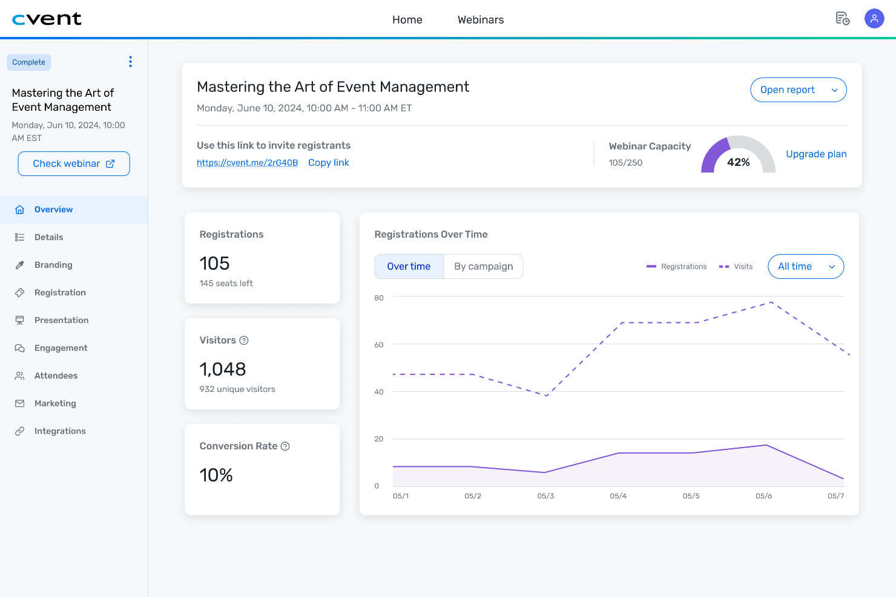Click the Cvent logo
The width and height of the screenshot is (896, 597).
point(47,19)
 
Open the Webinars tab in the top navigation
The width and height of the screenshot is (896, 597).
point(480,20)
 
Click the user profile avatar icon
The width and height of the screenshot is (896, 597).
point(874,19)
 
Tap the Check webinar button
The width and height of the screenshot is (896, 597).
point(74,164)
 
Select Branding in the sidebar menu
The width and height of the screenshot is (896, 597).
point(53,265)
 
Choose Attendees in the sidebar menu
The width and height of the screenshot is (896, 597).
point(56,376)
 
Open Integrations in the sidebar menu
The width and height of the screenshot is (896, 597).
point(60,431)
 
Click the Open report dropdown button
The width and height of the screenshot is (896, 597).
point(798,90)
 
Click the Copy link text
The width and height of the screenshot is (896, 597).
point(328,163)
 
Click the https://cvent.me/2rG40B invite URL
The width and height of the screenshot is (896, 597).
point(247,163)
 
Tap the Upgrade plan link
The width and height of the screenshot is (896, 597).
point(815,154)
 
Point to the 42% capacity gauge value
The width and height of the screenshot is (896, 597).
point(738,162)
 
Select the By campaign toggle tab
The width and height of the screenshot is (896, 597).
point(483,267)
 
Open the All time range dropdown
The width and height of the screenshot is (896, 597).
point(805,267)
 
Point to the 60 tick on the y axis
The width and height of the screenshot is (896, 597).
point(379,345)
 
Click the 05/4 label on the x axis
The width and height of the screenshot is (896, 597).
point(618,496)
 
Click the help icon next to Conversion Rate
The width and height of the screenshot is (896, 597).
point(285,446)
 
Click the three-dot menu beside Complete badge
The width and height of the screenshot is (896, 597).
point(130,62)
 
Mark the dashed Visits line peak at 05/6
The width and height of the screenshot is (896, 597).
point(771,302)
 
